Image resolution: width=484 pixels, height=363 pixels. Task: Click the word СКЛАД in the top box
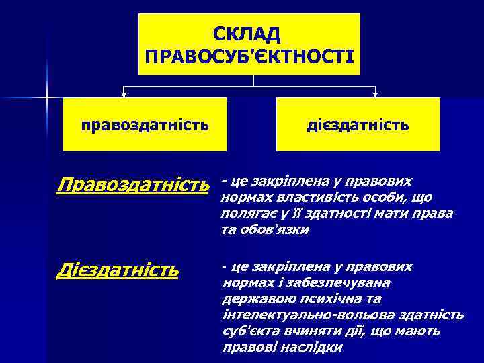point(249,33)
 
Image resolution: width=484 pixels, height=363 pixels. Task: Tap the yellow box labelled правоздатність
point(144,124)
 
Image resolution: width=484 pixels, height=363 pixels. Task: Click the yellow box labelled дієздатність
point(358,124)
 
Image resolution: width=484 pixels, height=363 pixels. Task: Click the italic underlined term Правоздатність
point(137,184)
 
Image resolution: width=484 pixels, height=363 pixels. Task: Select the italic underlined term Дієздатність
point(118,270)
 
